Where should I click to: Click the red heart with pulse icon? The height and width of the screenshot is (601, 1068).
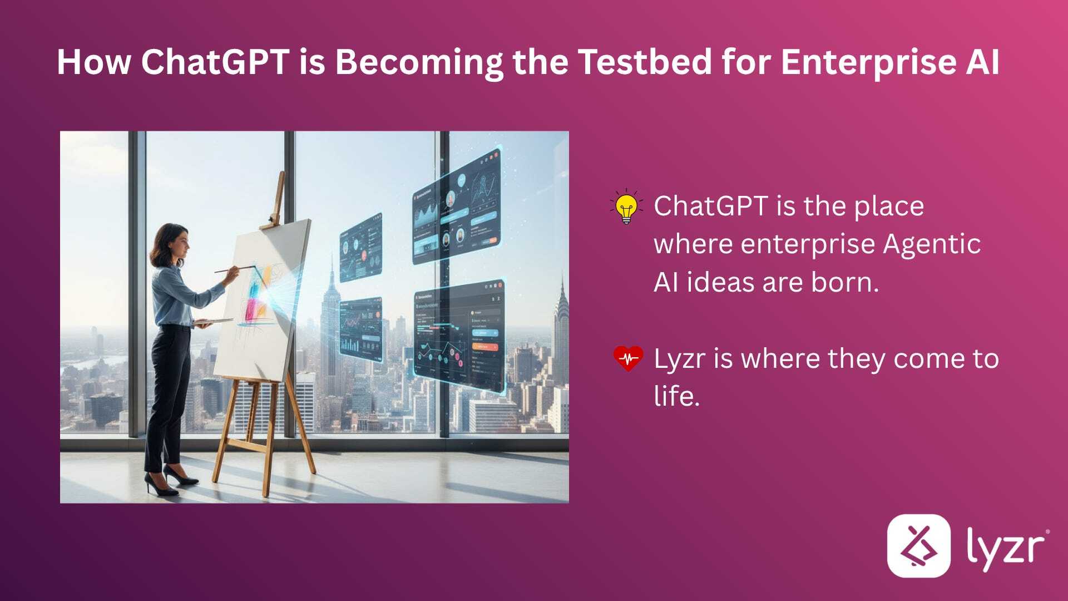click(628, 358)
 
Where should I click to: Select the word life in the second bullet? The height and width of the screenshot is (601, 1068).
click(675, 397)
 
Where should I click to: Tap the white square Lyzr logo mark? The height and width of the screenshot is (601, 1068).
click(918, 545)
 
